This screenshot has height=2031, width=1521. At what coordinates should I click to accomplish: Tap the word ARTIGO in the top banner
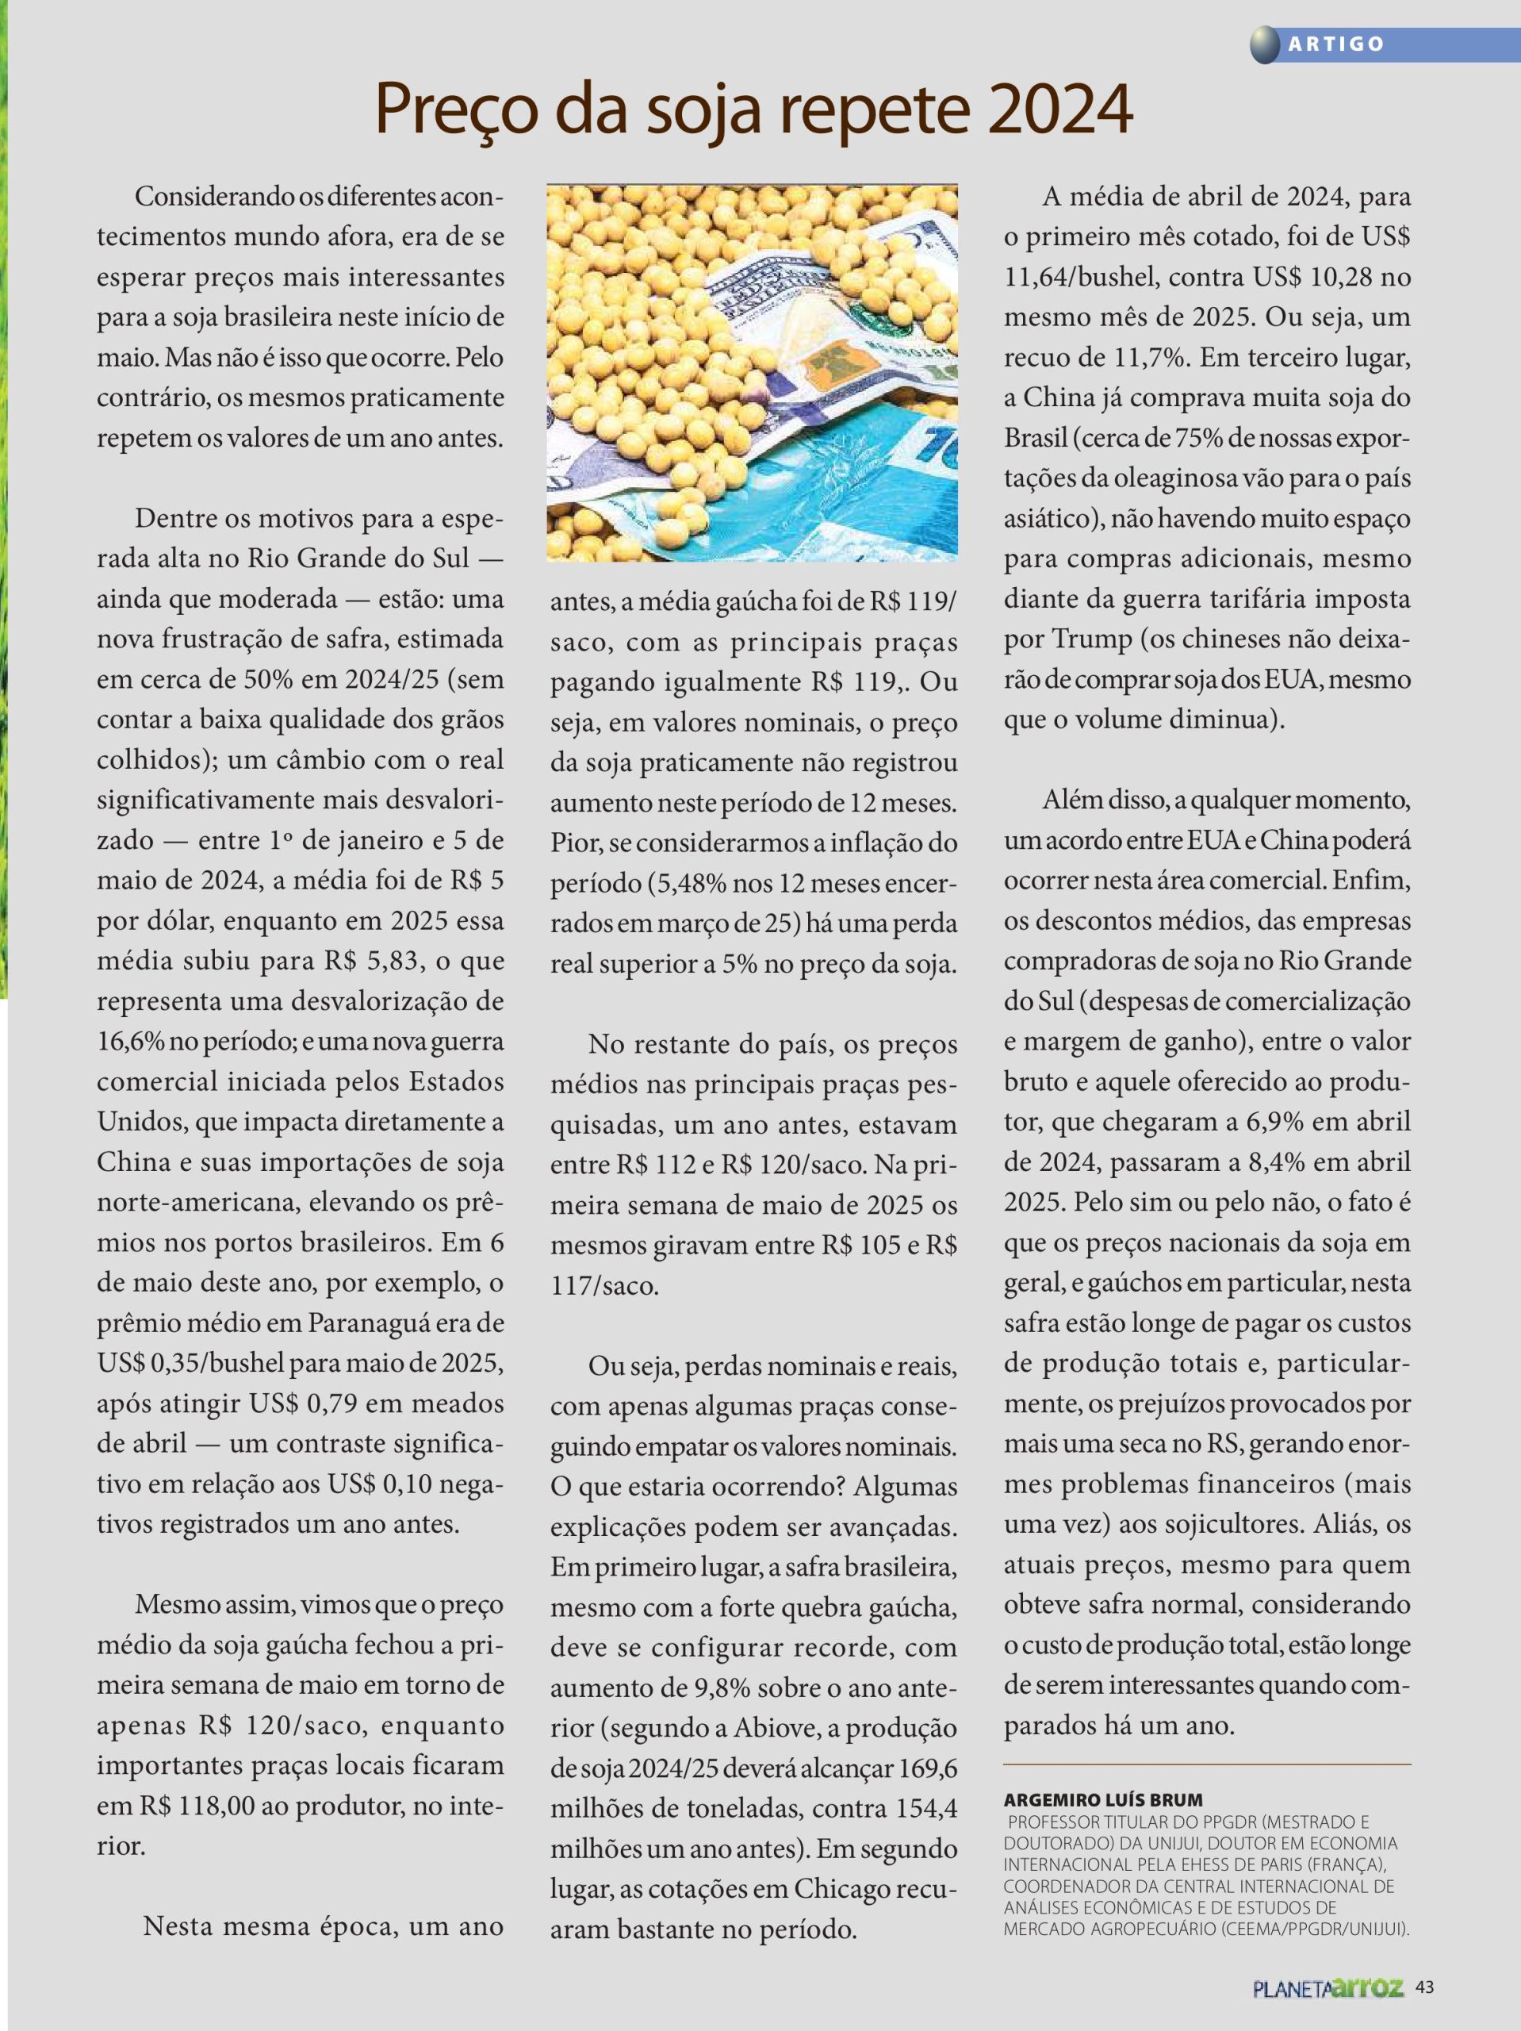(1335, 44)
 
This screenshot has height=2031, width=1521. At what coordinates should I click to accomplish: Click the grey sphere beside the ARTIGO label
(1265, 44)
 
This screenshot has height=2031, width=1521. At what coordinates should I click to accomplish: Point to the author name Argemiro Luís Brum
(1102, 1799)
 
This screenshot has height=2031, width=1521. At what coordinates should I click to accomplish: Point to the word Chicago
(841, 1889)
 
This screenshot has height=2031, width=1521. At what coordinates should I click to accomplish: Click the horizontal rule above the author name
(1206, 1764)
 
